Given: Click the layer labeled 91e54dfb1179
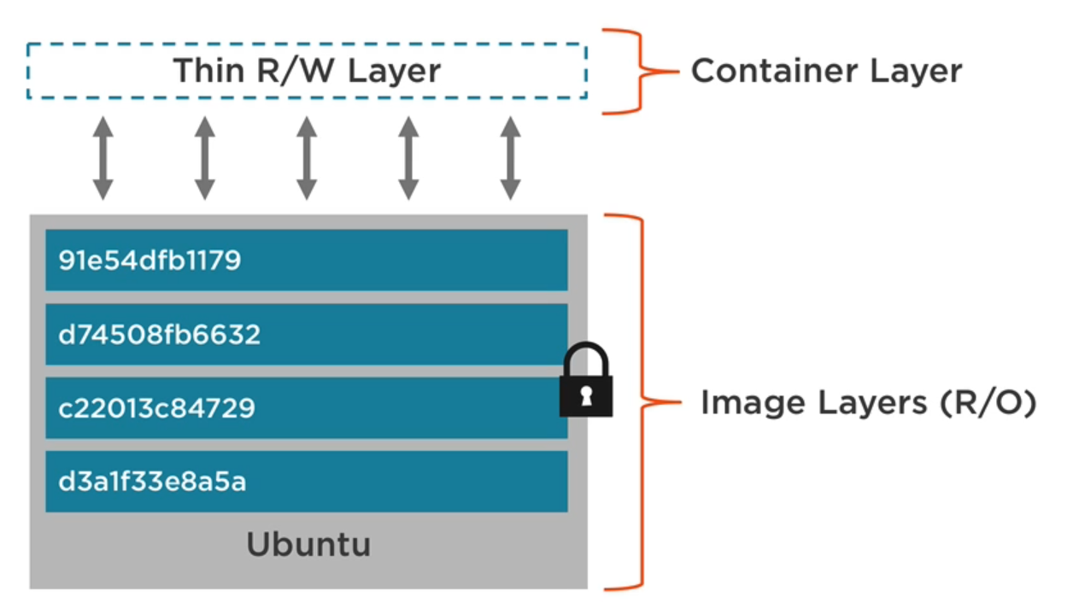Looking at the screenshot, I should click(306, 260).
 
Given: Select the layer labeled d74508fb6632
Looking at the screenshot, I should click(306, 334).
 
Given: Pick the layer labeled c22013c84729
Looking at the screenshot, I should click(306, 408).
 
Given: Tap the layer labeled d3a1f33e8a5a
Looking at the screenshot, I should click(306, 482).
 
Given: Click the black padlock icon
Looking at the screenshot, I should click(586, 383).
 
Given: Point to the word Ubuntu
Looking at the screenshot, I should click(308, 544).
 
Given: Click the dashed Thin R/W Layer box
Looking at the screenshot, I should click(307, 71).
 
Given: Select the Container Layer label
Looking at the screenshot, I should click(826, 71).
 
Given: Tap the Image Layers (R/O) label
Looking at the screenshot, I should click(868, 402).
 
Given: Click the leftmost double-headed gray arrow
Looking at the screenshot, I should click(103, 159).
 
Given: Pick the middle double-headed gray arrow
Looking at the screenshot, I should click(307, 159).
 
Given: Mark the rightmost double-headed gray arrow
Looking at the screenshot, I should click(510, 159).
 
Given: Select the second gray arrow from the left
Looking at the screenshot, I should click(204, 159).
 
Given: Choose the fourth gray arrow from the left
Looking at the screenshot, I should click(408, 159).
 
